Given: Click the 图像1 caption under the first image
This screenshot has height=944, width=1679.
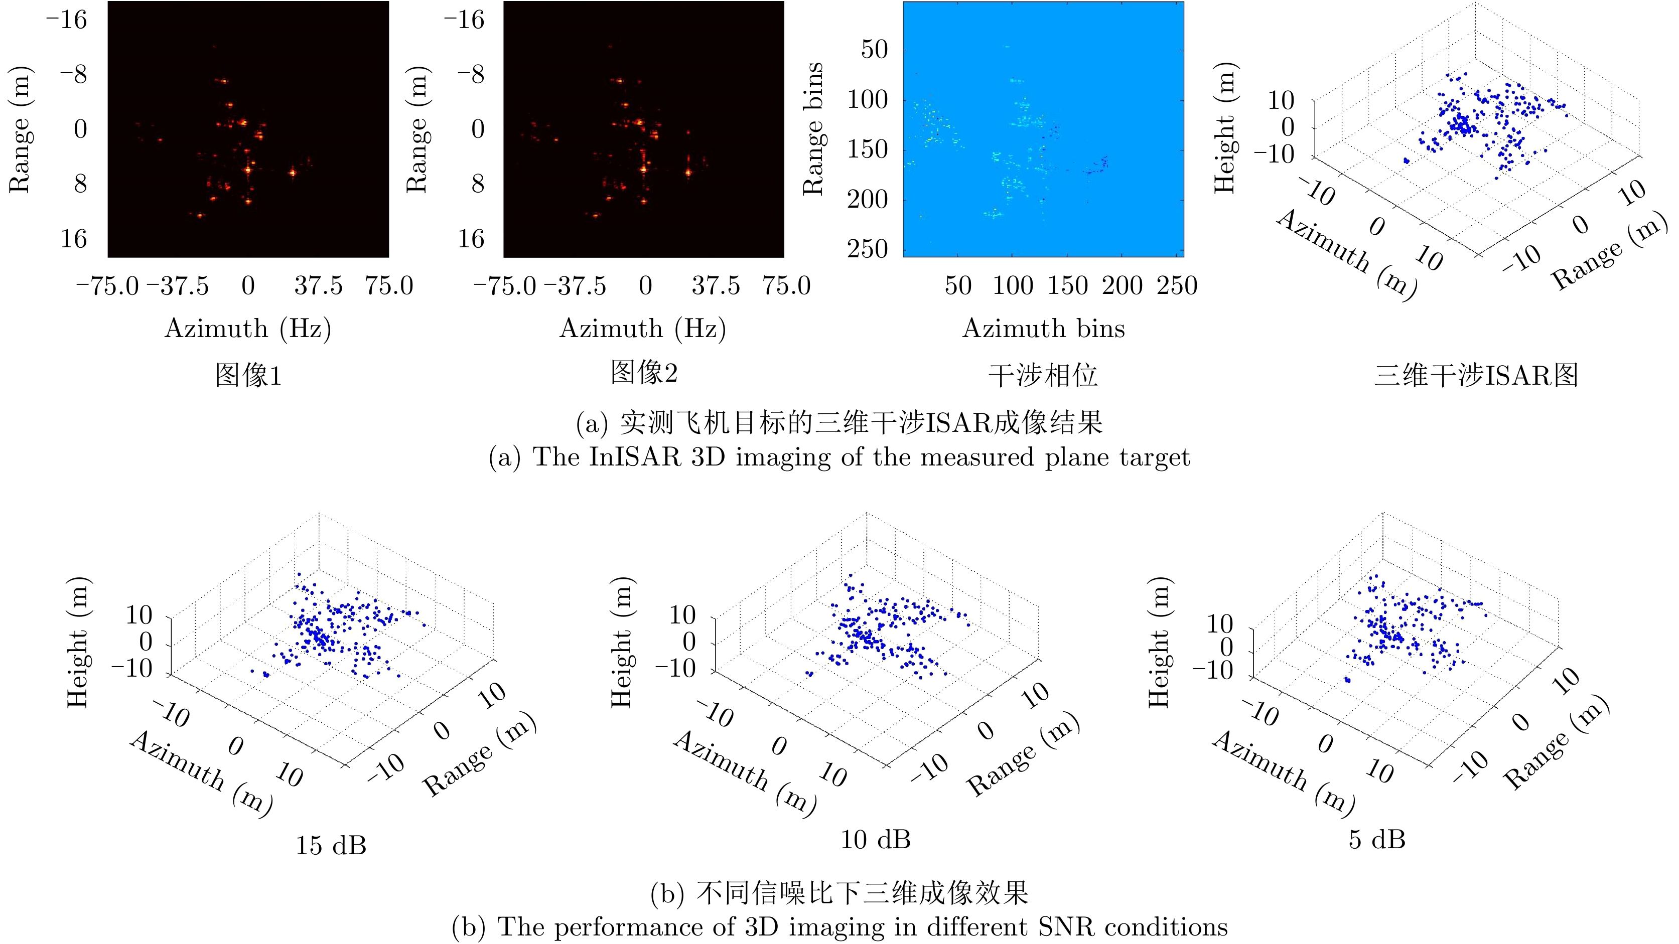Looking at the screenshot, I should tap(248, 375).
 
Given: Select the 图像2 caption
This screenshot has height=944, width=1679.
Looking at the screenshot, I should tap(644, 372).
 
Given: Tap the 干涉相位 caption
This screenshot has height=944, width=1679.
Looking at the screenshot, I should tap(1043, 375).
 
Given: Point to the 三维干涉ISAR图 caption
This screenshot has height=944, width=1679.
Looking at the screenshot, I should tap(1476, 375).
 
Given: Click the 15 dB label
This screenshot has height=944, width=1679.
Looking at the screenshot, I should tap(331, 845).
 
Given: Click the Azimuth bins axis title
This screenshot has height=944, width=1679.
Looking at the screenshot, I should tap(1044, 329).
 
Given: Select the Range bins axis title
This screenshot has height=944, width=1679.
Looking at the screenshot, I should tap(813, 129).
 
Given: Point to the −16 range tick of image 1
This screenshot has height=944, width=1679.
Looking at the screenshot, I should tap(66, 20).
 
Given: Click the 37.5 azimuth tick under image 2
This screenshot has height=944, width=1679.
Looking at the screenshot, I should tap(716, 285).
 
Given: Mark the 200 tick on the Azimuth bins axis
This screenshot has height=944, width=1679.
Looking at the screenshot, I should tap(1123, 285).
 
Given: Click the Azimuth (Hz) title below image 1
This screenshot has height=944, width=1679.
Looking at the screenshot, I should tap(248, 329).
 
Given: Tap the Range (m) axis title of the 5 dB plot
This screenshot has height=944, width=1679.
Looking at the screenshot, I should tap(1557, 743).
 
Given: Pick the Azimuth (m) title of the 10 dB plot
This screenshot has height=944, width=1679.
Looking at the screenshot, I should tap(745, 772).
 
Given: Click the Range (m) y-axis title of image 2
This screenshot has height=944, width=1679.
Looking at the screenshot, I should tap(417, 129).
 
